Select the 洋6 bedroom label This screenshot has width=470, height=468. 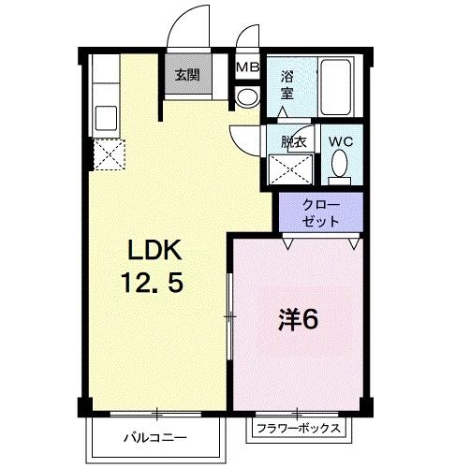click(298, 319)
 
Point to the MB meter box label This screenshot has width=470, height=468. click(247, 67)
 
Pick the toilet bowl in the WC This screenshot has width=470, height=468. click(340, 168)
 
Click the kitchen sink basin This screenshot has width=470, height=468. click(106, 118)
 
